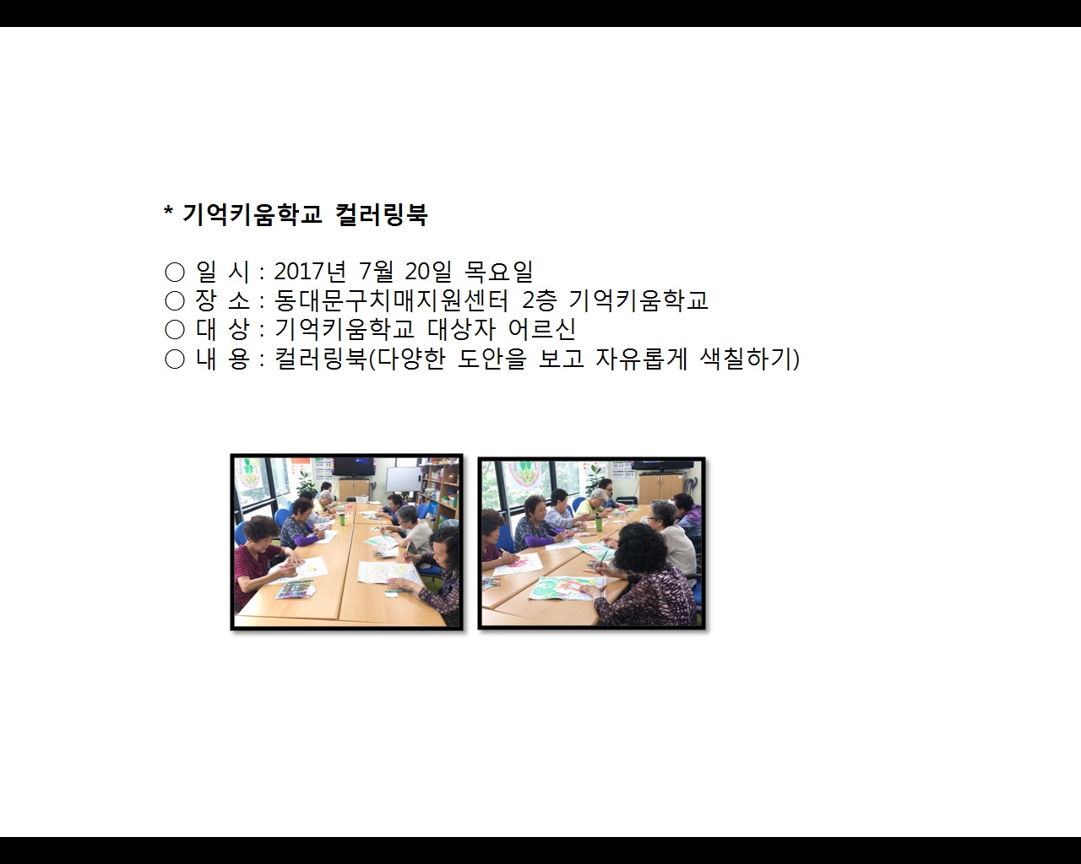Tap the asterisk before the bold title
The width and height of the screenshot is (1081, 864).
[169, 209]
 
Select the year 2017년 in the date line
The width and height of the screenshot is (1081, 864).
[310, 272]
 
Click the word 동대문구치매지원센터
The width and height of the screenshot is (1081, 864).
[391, 300]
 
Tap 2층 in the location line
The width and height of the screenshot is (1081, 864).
[539, 300]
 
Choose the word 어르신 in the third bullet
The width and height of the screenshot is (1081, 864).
[541, 329]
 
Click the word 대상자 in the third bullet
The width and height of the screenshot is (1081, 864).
[461, 329]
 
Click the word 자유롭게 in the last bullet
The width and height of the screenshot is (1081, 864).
[641, 359]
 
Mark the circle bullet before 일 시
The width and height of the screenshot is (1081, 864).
[175, 273]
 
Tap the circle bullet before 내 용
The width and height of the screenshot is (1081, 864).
[175, 359]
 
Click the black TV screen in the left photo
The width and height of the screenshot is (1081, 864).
[353, 467]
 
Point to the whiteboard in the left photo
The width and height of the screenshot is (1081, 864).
[404, 479]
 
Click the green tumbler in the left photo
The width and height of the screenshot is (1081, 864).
[343, 518]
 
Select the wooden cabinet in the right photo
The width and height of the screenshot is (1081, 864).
[660, 489]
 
